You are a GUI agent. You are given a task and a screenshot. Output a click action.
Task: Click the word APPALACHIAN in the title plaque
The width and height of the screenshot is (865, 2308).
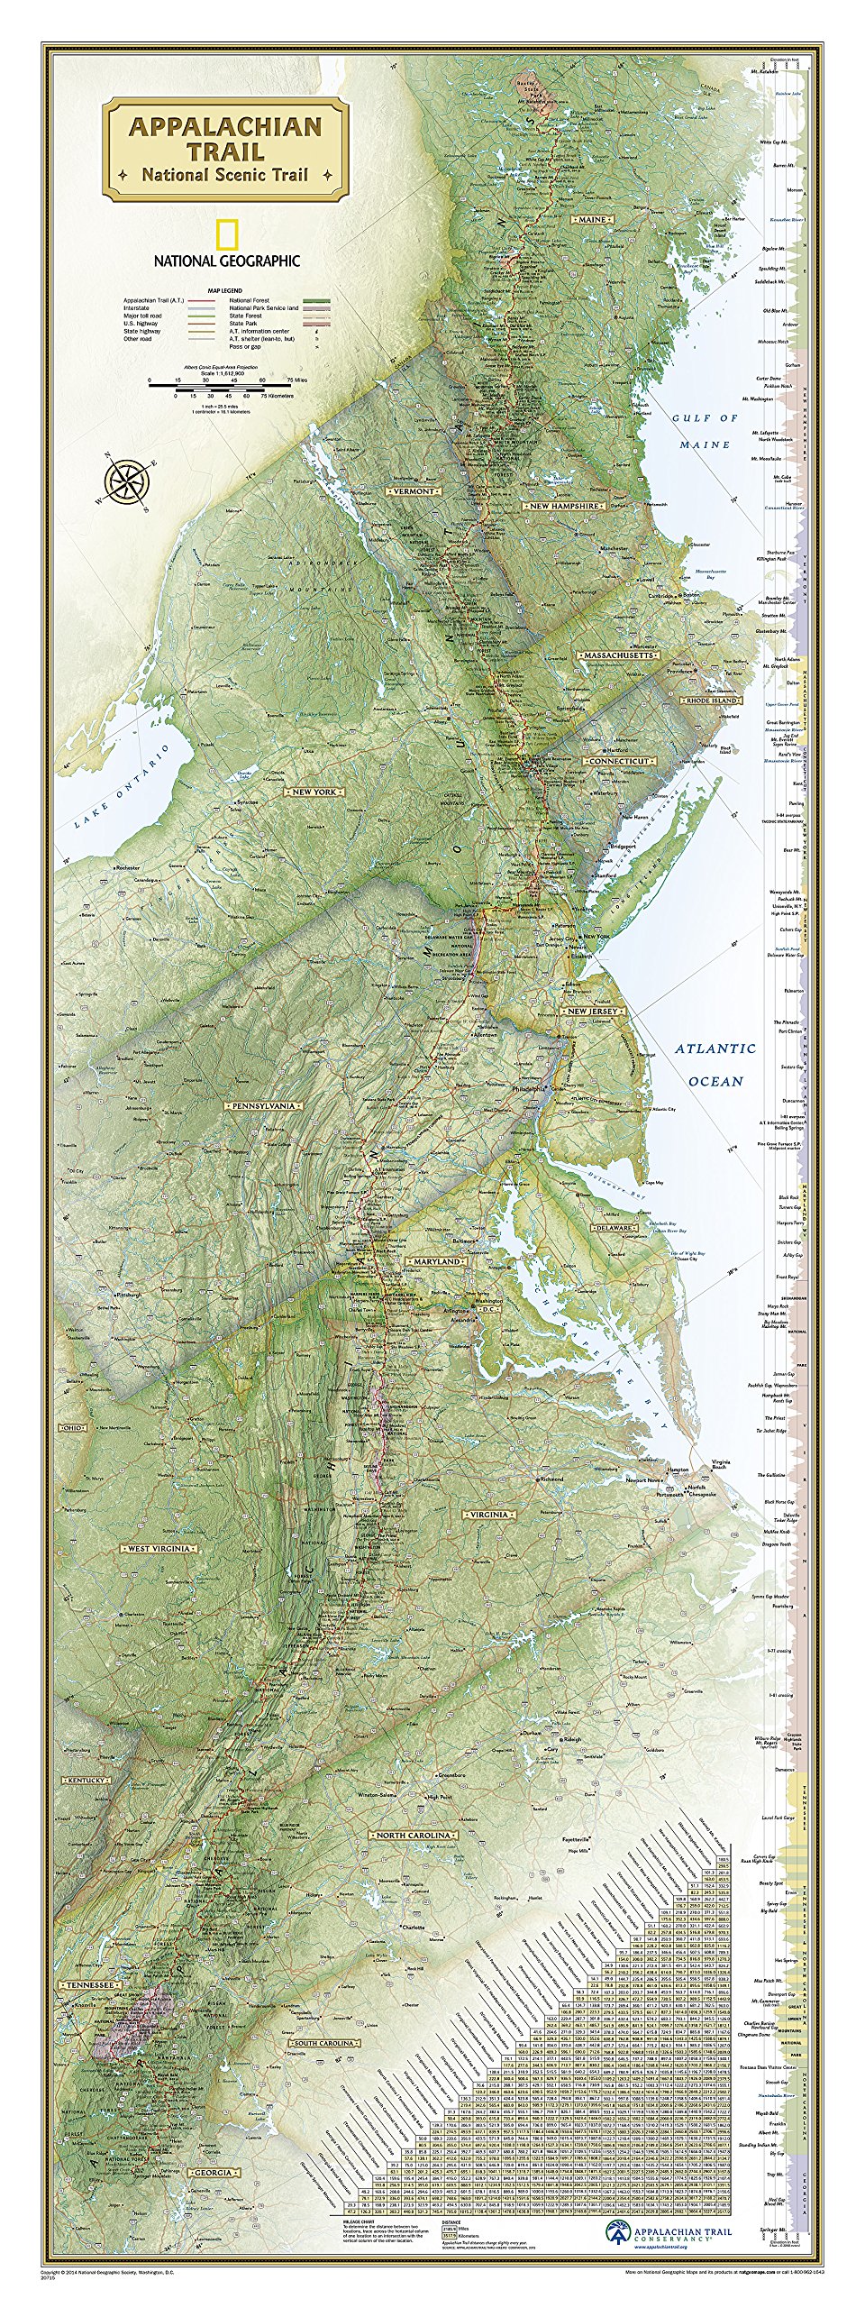224,126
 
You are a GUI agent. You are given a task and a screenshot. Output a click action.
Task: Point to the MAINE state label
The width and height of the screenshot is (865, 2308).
592,219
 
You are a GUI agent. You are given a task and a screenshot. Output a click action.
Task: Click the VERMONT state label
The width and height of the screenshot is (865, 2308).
413,490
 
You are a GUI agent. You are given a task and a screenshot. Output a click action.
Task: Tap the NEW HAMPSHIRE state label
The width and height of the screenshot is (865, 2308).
563,506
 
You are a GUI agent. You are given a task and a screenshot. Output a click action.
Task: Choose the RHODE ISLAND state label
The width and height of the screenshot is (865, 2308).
712,700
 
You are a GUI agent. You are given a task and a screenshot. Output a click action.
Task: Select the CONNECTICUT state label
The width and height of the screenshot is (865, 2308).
618,761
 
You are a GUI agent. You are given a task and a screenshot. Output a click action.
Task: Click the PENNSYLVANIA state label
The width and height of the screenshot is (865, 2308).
239,1105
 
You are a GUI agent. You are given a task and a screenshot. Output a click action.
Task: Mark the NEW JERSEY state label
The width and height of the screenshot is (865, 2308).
591,1012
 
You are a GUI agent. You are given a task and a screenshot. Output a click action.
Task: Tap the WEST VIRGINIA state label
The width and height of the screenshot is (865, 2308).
159,1549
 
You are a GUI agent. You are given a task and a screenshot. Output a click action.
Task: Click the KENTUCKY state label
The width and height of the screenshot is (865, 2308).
86,1781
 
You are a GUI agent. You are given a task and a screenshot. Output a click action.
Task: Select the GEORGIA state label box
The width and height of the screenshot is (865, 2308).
213,2173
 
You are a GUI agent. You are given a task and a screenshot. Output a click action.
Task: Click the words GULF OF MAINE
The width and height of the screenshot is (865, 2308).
706,431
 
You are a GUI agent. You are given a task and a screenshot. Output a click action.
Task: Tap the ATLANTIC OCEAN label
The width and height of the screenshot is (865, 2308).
715,1064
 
